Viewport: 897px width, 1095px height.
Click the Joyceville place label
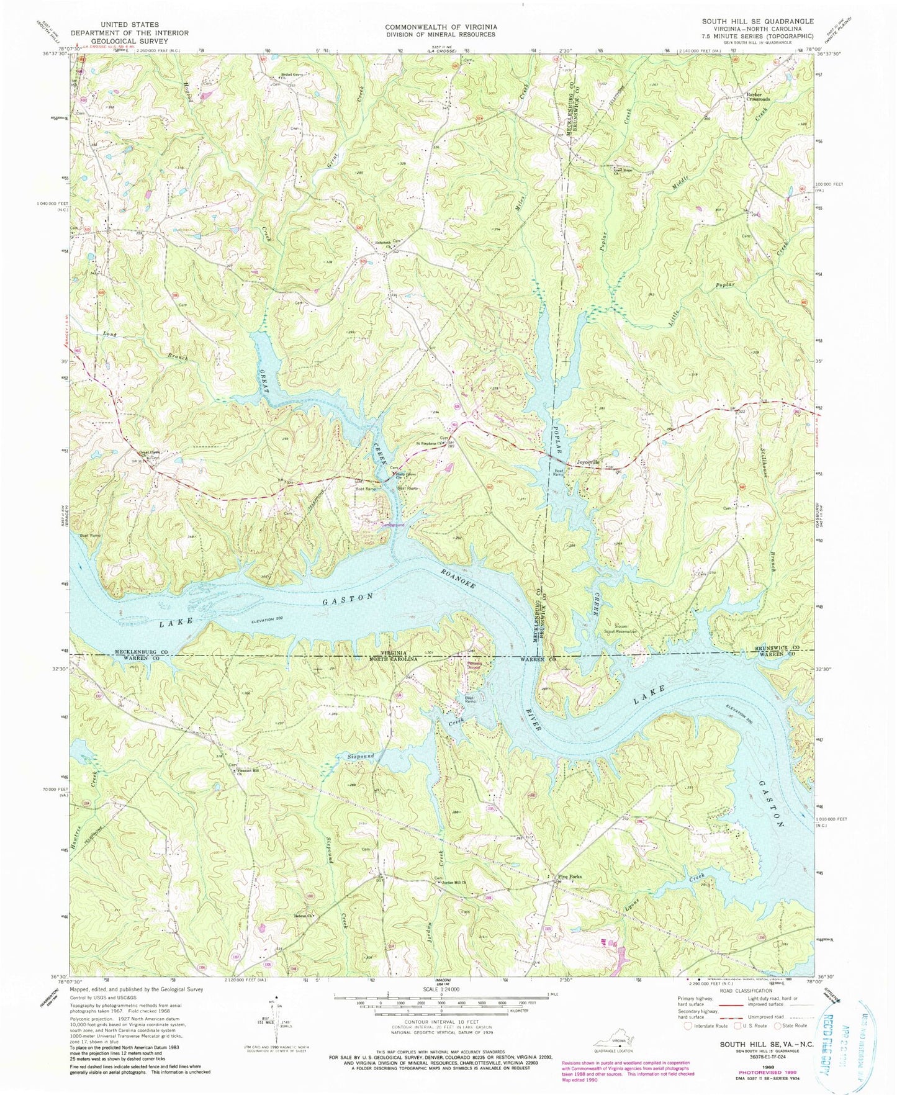pos(588,462)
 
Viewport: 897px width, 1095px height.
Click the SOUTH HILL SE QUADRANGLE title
pos(749,21)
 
